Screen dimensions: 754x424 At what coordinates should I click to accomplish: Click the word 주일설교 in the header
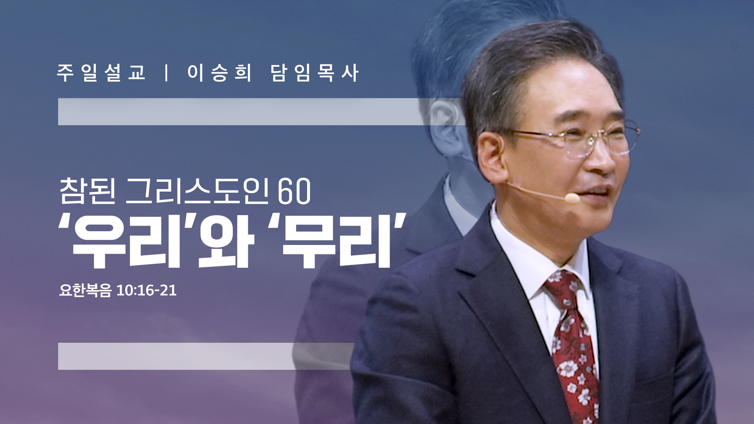click(101, 73)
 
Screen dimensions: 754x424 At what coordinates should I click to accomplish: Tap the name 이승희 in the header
click(219, 73)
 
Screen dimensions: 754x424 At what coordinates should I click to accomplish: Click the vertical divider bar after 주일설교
click(167, 73)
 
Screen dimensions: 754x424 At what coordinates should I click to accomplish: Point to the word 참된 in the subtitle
click(88, 191)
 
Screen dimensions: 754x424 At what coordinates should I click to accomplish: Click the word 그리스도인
click(198, 191)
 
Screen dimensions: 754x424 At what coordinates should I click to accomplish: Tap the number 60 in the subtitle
click(294, 192)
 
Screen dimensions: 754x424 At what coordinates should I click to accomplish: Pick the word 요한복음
click(85, 291)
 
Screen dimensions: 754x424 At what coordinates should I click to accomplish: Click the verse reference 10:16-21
click(146, 291)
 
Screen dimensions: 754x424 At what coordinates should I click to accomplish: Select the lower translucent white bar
click(204, 356)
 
